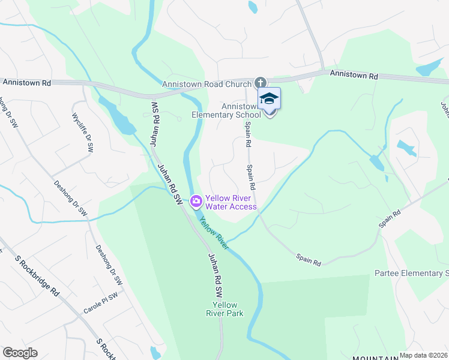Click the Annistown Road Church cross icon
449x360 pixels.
coord(260,82)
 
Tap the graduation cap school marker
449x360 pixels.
coord(270,99)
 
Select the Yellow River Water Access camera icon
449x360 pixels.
coord(196,202)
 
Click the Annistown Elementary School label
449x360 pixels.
coord(227,110)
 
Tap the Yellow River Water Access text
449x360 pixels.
coord(231,202)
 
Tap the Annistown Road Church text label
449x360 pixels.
coord(206,85)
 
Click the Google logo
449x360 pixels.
coord(20,353)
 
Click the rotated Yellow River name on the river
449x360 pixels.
coord(214,232)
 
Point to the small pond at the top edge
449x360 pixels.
coord(253,7)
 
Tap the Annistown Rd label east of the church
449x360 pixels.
coord(354,74)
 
